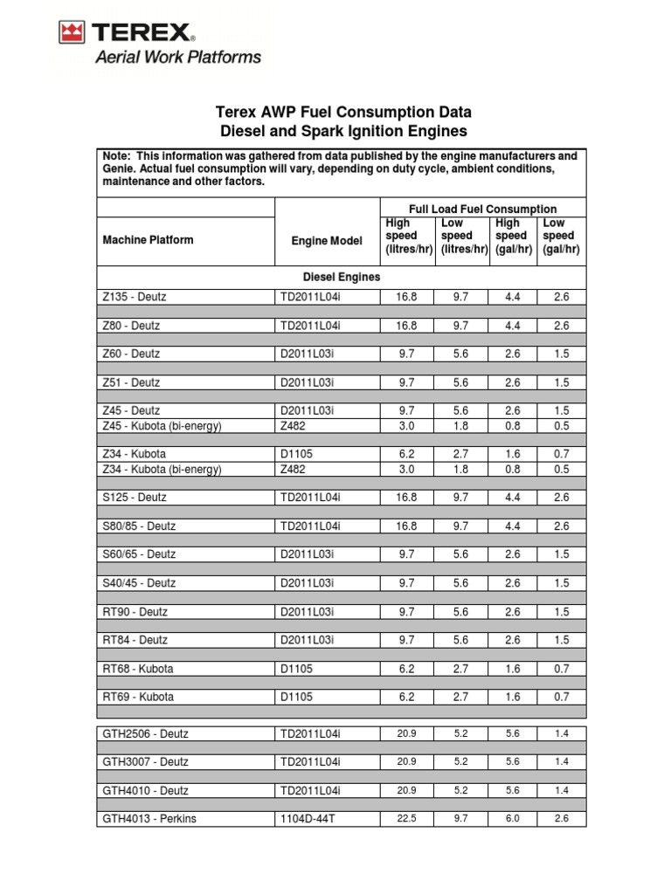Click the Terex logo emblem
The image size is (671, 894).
pos(72,33)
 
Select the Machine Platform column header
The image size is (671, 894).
pos(148,240)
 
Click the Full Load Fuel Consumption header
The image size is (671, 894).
pos(483,209)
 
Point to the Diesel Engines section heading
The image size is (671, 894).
pos(341,277)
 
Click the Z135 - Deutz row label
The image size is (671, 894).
pos(134,297)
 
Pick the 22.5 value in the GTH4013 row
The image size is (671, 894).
pos(407,819)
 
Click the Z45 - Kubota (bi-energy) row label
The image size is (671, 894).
pos(162,426)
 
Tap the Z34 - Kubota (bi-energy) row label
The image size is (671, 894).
pos(162,469)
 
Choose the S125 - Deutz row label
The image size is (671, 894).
pos(134,498)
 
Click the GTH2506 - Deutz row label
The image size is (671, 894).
pos(145,733)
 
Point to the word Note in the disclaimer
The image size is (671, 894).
pos(116,156)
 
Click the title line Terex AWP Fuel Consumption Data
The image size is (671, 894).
pos(342,113)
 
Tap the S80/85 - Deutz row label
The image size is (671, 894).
pos(139,526)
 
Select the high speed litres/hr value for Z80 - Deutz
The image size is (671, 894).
pos(407,326)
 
